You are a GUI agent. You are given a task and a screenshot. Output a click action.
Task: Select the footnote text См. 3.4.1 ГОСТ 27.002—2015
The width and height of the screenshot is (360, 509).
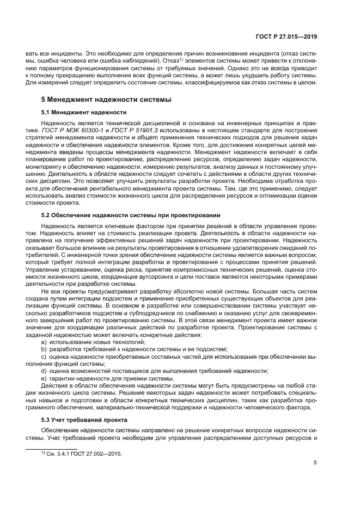click(x=82, y=453)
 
